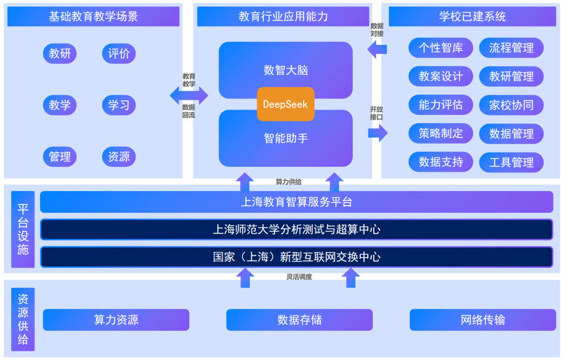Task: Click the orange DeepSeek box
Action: coord(285,104)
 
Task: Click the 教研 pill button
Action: coord(60,53)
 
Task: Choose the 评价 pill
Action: coord(119,53)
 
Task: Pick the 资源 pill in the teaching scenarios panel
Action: coord(119,157)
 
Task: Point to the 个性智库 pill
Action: coord(441,48)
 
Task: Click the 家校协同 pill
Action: coord(511,105)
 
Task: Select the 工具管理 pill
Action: coord(511,162)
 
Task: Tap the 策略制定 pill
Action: coord(441,134)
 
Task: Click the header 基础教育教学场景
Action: coord(93,17)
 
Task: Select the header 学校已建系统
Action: coord(472,17)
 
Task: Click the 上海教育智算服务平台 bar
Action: coord(296,202)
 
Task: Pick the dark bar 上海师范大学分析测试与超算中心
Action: coord(296,229)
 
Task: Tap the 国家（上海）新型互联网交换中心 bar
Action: coord(296,257)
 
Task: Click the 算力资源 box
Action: coord(116,320)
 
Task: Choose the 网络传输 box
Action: coord(483,320)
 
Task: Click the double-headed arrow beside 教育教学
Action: coord(189,96)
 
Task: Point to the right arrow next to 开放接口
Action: coord(378,132)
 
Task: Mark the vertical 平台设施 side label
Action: coord(23,229)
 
